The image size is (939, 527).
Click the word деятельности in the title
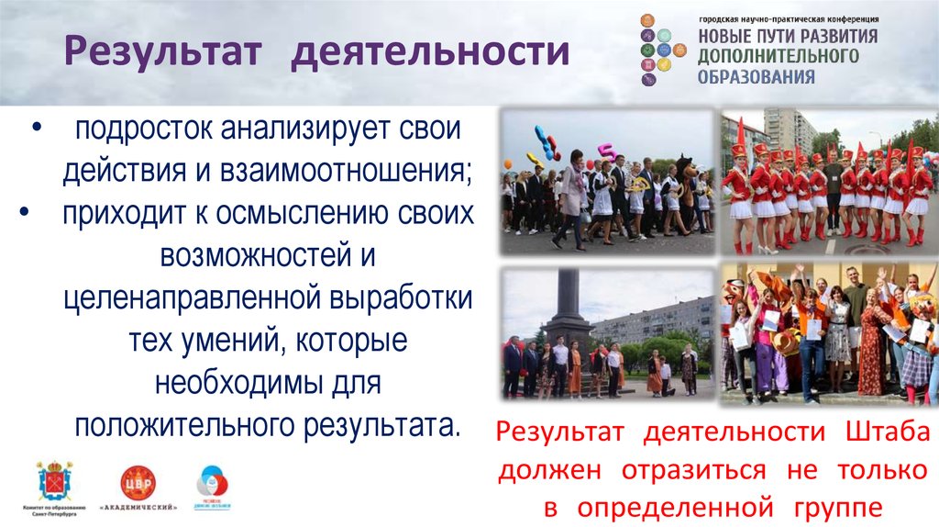[430, 52]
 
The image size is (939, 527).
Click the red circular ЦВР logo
[138, 481]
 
